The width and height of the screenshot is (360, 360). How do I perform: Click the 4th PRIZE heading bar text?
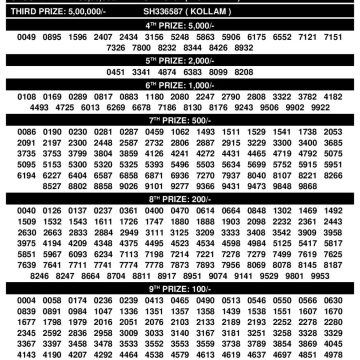point(180,21)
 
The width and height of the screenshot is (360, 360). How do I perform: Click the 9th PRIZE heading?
point(180,286)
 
